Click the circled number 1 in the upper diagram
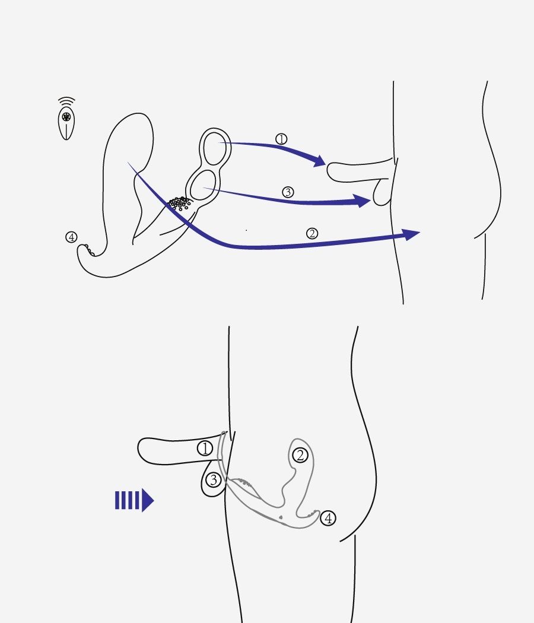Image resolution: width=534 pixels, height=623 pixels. pos(281,139)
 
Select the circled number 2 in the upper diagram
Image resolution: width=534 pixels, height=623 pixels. pos(312,233)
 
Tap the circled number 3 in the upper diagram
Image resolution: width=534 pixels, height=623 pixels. pos(288,192)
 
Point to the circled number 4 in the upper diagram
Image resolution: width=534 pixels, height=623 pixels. pos(71,237)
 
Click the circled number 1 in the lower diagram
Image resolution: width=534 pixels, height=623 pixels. pos(205,449)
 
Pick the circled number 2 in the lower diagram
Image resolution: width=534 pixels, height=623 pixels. pos(300,455)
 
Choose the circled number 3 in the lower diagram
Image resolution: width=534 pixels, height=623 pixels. pos(214,480)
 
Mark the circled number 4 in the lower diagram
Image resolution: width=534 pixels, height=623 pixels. pos(328,518)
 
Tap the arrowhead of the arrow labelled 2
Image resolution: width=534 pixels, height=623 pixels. pos(412,234)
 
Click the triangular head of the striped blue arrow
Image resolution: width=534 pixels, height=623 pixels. pos(148,500)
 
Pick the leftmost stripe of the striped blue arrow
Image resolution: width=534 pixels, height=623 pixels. pos(117,500)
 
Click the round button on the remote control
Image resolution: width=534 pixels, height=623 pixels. pos(66,117)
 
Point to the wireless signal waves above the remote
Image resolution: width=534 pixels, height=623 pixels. pos(66,101)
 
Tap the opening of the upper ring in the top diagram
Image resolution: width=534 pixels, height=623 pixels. pos(215,148)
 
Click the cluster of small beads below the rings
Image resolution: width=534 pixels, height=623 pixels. pos(180,203)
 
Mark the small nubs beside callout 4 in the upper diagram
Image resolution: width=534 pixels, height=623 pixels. pos(90,251)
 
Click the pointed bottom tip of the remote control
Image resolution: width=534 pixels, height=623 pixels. pos(66,139)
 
